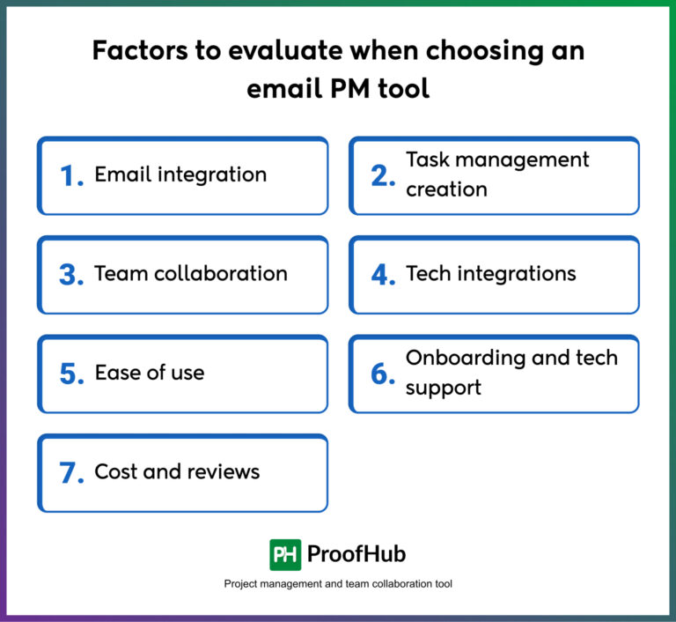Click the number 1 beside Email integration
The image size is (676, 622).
point(70,175)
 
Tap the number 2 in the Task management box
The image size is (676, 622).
point(383,175)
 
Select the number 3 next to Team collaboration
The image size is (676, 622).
point(70,274)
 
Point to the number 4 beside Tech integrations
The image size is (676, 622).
point(383,274)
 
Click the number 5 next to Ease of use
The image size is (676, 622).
point(70,374)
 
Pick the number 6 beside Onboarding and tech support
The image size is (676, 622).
point(383,374)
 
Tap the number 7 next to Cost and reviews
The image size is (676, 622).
point(70,473)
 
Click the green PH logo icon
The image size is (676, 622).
point(285,554)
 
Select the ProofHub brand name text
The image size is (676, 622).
point(356,554)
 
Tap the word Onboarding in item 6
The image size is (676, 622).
point(462,358)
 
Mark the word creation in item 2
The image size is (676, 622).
point(446,189)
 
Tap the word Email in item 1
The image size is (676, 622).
point(121,174)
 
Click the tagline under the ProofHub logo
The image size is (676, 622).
point(338,583)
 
